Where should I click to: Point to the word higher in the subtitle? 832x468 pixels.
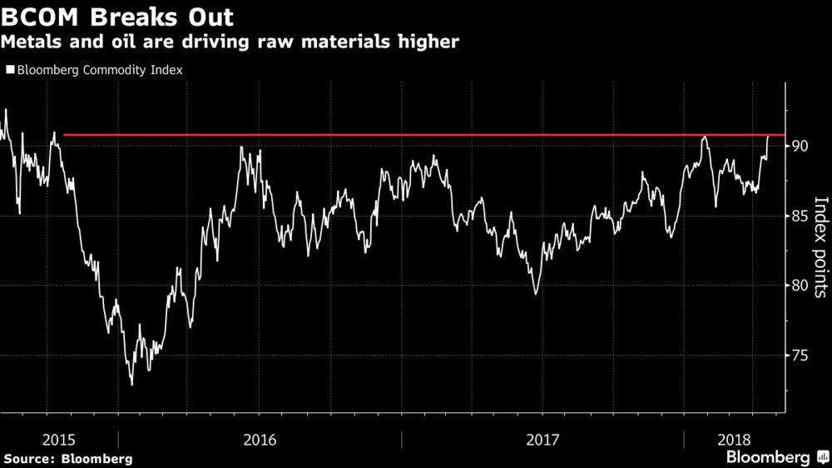click(x=426, y=42)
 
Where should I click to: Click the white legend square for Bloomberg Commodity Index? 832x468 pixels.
click(x=9, y=71)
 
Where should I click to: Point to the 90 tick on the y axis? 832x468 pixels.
click(x=800, y=146)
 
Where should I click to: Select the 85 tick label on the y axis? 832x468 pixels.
click(x=800, y=217)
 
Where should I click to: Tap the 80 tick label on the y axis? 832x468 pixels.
click(x=800, y=286)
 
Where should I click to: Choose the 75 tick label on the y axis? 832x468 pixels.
click(x=800, y=356)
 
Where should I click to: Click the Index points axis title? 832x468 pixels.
click(x=820, y=247)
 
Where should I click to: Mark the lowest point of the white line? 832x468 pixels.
click(x=131, y=385)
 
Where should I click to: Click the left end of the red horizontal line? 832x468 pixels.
click(x=64, y=134)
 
